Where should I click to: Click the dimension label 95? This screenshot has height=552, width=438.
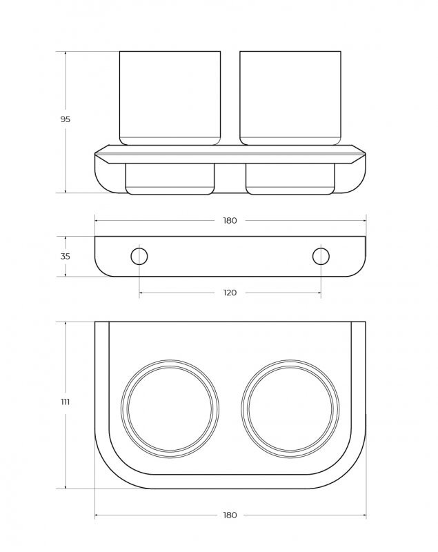[x=66, y=119]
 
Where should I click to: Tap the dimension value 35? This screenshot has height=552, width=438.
[x=66, y=256]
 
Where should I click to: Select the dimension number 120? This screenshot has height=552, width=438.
[x=230, y=293]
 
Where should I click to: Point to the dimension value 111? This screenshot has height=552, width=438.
[x=66, y=402]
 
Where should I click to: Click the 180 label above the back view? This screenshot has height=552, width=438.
[x=230, y=221]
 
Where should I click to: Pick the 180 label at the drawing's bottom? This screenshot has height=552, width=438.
[x=230, y=515]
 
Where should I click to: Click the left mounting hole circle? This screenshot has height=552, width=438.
[x=139, y=256]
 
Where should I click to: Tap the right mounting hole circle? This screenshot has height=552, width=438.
[x=321, y=256]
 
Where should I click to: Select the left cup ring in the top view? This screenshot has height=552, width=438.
[x=170, y=408]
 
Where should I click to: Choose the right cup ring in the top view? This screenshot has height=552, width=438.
[x=290, y=408]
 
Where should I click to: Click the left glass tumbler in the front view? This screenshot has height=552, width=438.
[x=170, y=97]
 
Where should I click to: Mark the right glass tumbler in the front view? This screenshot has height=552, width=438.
[x=290, y=97]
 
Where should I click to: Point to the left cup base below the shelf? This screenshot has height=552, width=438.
[x=170, y=179]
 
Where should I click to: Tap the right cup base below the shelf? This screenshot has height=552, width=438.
[x=290, y=179]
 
